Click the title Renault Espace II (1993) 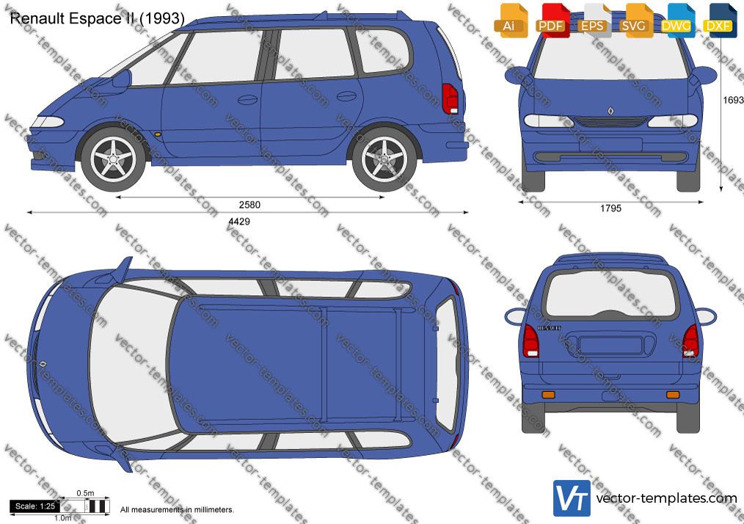pos(98,18)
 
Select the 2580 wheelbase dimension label pos(249,205)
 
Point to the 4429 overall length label pos(239,221)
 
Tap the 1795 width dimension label pos(610,208)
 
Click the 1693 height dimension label pos(733,100)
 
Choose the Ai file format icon pos(511,21)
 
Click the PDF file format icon pos(552,21)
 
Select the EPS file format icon pos(594,21)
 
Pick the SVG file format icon pos(635,21)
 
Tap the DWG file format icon pos(677,21)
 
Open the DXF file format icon pos(719,21)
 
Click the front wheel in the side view pos(113,159)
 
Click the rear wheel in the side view pos(384,159)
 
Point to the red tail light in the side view pos(450,99)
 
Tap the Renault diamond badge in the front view pos(610,111)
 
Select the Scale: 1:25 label pos(35,506)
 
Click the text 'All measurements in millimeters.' pos(177,510)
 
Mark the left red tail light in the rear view pos(530,341)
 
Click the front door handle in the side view pos(247,100)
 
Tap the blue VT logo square pos(572,498)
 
